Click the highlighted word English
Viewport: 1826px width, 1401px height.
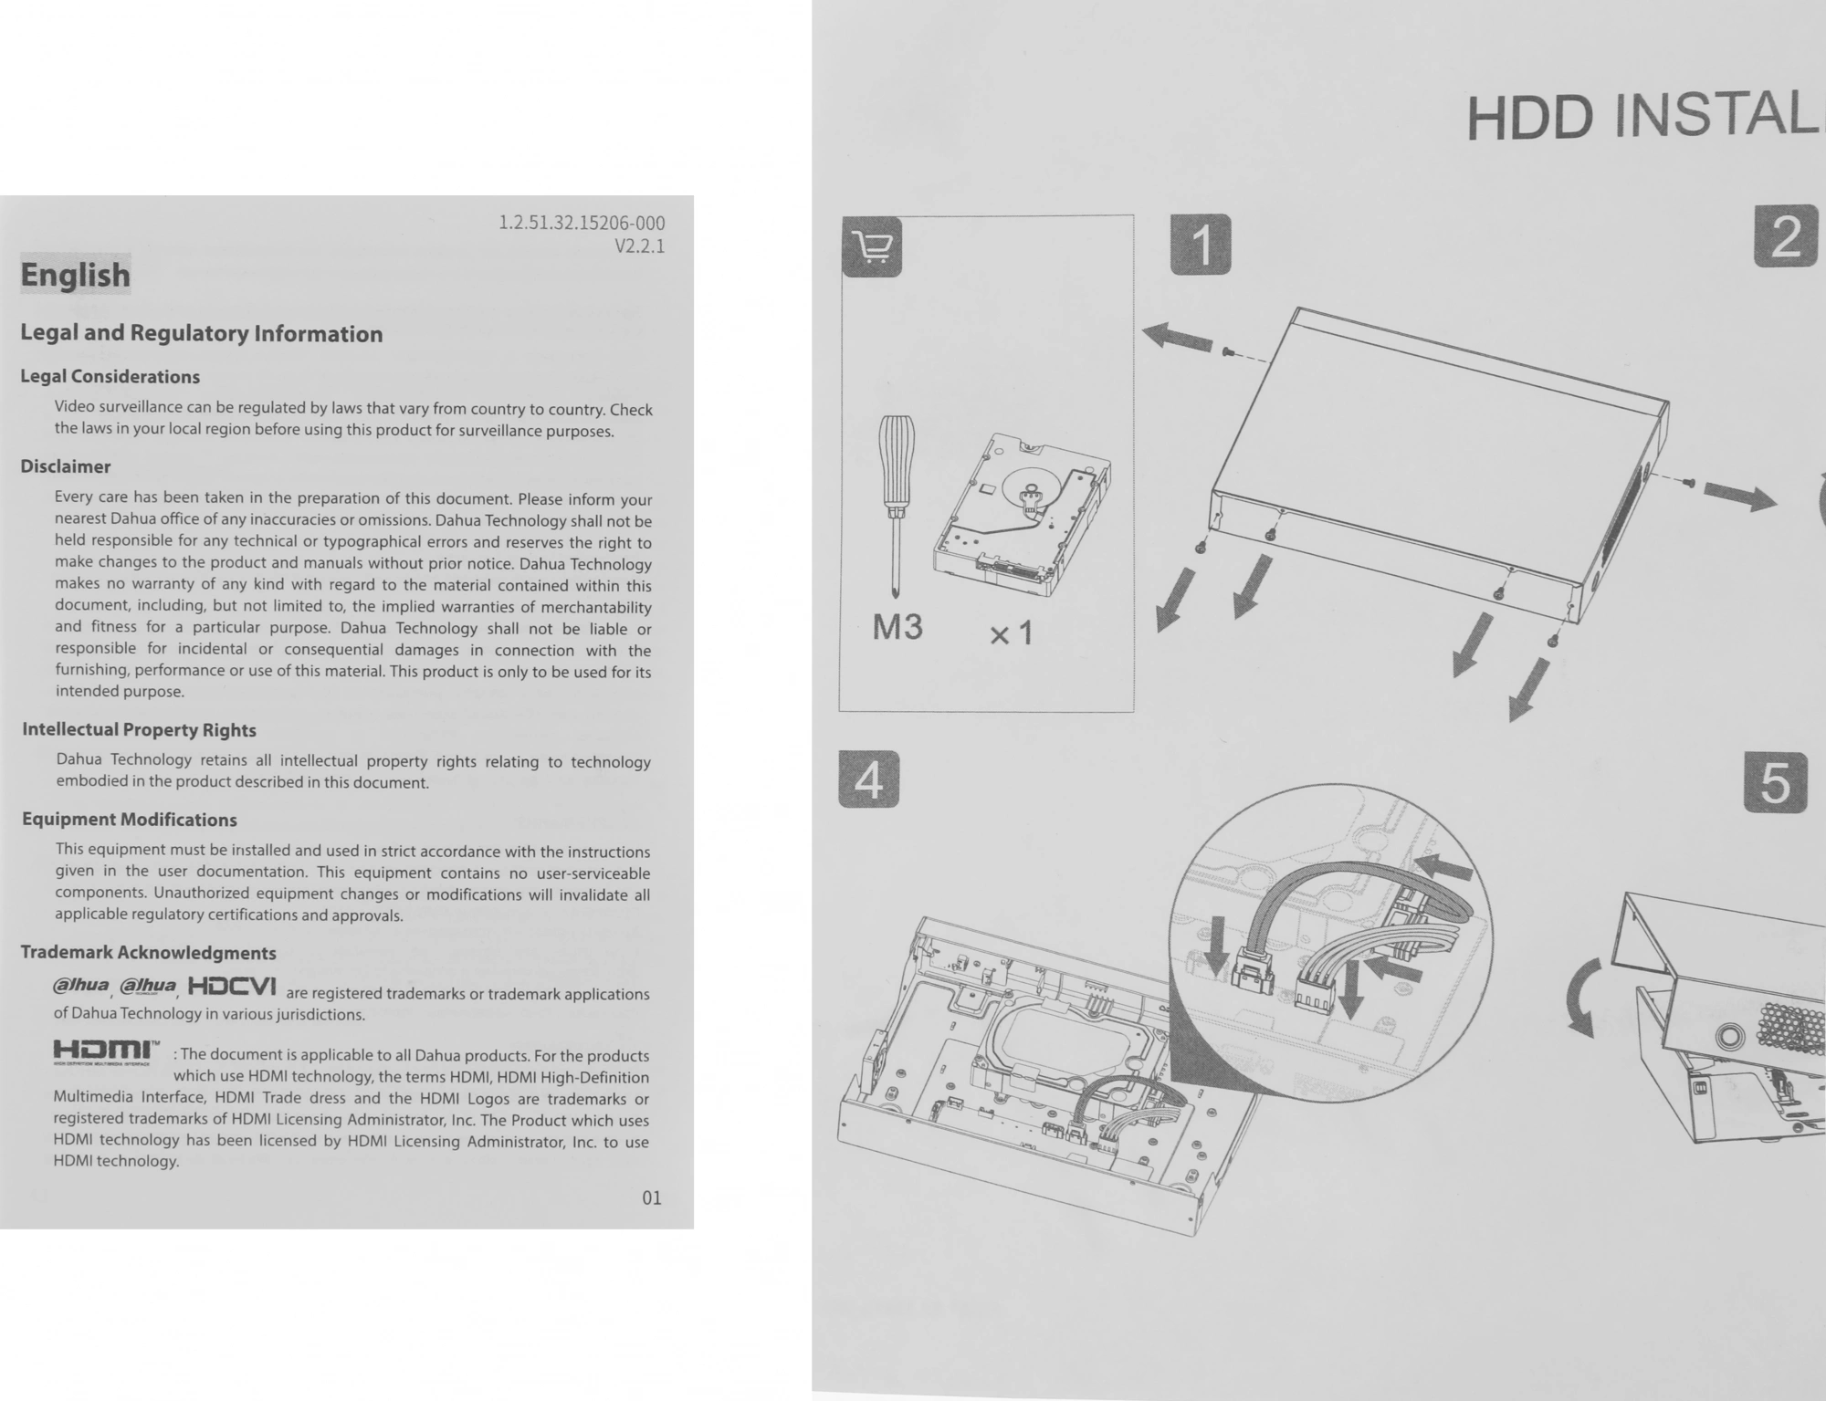coord(76,274)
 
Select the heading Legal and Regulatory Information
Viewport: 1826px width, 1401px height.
coord(202,333)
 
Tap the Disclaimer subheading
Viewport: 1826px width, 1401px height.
coord(66,466)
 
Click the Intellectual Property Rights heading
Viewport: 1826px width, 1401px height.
coord(139,729)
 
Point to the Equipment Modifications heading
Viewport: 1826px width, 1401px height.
coord(130,819)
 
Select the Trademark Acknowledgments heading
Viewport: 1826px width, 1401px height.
coord(148,952)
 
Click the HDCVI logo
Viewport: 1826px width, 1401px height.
coord(232,987)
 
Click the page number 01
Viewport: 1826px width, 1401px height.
coord(651,1197)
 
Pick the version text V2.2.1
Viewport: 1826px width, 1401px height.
coord(639,246)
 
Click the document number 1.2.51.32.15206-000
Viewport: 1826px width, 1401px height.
coord(582,224)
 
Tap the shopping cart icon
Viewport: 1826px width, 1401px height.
coord(871,246)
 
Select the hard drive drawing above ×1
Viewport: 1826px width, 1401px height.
coord(1023,516)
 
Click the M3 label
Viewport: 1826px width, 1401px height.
coord(897,627)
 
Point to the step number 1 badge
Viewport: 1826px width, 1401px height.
coord(1201,245)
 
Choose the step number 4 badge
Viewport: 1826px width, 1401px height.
coord(868,780)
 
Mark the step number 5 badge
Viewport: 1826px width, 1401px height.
coord(1775,781)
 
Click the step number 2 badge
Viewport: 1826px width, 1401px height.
coord(1786,237)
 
